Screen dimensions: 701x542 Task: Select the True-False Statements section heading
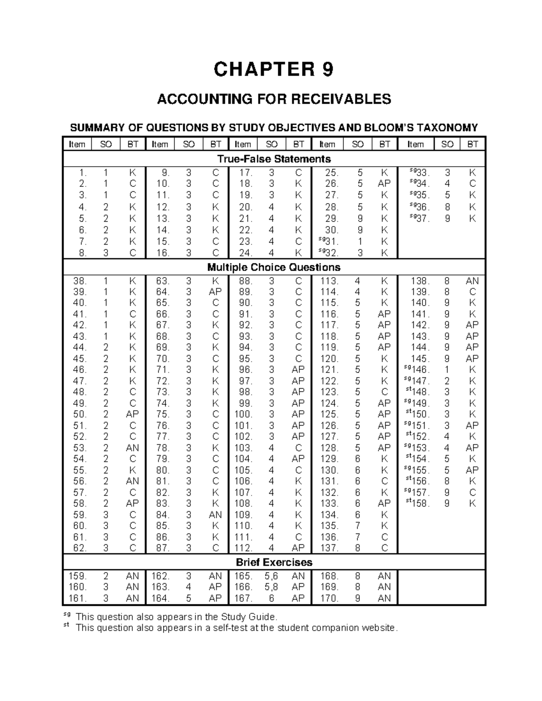point(274,159)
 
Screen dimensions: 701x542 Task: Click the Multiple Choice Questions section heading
point(274,267)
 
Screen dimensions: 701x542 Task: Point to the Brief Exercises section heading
point(274,562)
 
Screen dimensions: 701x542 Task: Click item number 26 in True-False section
point(332,184)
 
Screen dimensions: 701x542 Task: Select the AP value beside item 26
point(384,184)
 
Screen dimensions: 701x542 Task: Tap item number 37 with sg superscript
point(417,218)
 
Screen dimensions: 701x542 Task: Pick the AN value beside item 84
point(215,515)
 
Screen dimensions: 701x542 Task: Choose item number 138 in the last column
point(419,281)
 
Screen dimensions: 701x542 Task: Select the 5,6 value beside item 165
point(271,576)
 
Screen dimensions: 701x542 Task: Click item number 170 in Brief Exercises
point(329,599)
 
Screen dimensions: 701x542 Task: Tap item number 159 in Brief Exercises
point(77,576)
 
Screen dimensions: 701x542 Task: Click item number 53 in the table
point(79,448)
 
